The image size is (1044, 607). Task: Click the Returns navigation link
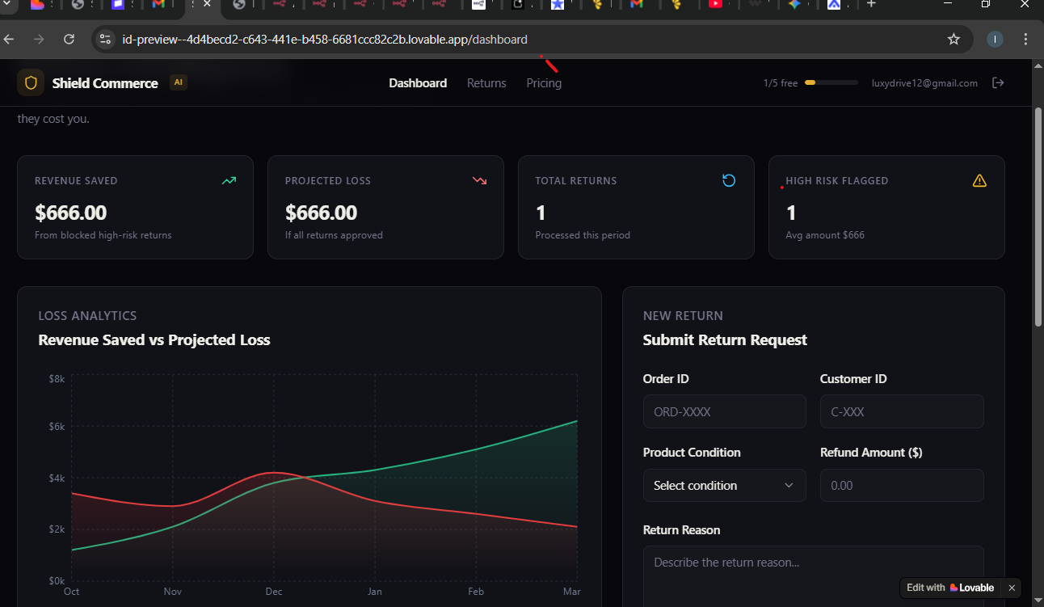(x=486, y=83)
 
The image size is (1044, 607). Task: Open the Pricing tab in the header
(x=544, y=83)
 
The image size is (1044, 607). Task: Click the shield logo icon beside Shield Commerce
(x=31, y=82)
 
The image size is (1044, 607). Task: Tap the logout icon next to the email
(x=998, y=82)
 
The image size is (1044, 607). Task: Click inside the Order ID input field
(x=724, y=411)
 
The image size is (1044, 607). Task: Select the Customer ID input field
(x=901, y=411)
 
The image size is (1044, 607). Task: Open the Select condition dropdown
(x=724, y=485)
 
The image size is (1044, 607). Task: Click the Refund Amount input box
(x=901, y=485)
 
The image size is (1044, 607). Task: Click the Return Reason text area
(x=813, y=574)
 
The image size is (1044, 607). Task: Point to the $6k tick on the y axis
(x=57, y=427)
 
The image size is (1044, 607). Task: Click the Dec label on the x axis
(x=274, y=592)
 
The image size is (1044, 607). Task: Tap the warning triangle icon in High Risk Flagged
(x=979, y=180)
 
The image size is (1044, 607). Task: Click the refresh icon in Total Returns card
(x=729, y=180)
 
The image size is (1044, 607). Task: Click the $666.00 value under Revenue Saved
(x=71, y=213)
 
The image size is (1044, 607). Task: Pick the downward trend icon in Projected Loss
(x=479, y=180)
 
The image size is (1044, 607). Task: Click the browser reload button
(x=69, y=39)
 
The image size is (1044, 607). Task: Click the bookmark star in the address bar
(x=953, y=39)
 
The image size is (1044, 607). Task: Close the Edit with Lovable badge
(x=1012, y=588)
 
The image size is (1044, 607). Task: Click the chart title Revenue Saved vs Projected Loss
(x=154, y=340)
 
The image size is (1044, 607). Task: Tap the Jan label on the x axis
(x=375, y=592)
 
